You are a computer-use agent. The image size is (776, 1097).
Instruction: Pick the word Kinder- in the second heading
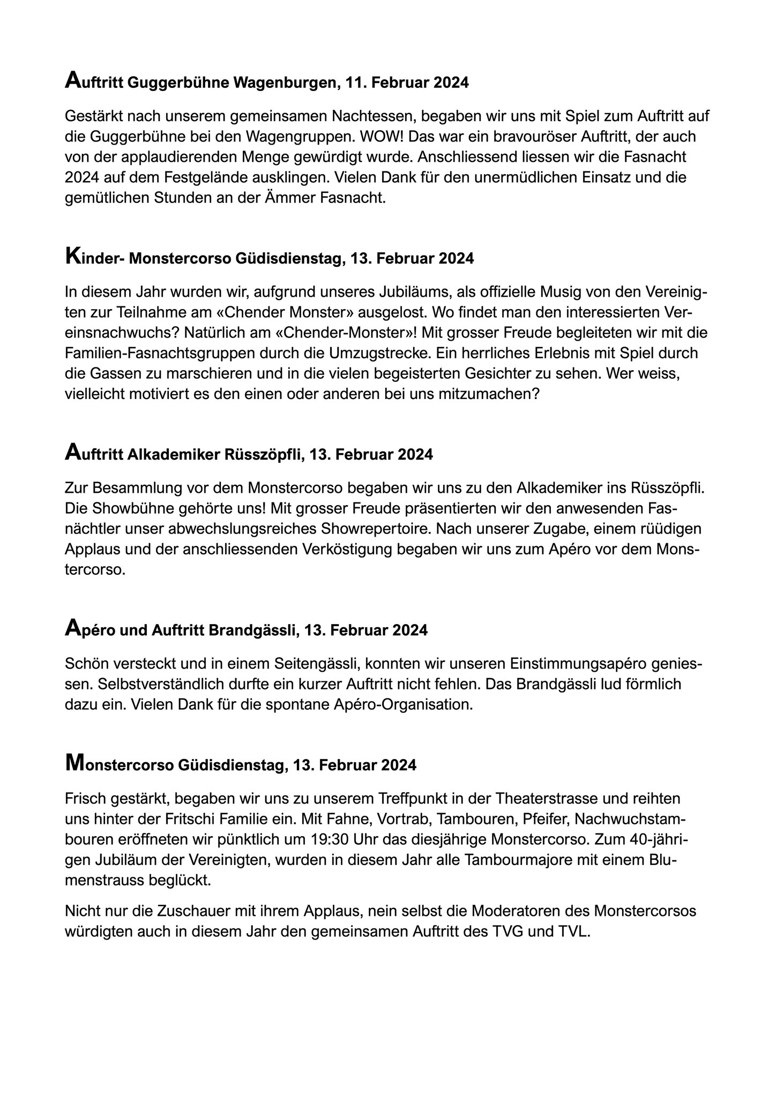click(95, 259)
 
